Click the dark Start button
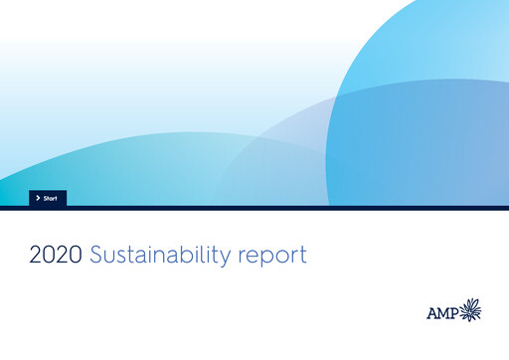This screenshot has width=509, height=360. point(48,198)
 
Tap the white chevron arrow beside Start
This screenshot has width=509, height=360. point(38,198)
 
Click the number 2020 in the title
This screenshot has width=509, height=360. point(56,255)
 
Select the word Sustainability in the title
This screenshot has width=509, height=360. point(161,256)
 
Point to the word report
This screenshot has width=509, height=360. point(272,257)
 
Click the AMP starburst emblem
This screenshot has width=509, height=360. point(468,310)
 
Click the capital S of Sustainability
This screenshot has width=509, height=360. point(97,255)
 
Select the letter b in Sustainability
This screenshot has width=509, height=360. point(181,254)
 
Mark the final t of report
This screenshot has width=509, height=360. point(302,256)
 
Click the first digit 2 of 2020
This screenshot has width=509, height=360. point(36,255)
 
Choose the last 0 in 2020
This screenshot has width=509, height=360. point(76,255)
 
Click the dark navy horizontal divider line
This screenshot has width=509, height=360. point(254,208)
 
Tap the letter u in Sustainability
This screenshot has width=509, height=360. point(110,257)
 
